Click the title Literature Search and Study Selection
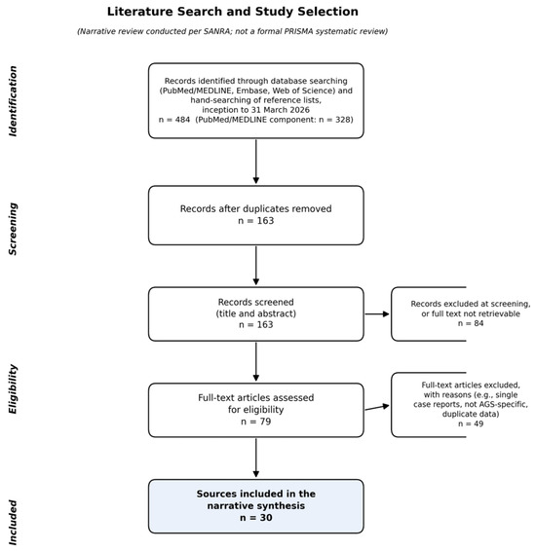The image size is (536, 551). point(233,12)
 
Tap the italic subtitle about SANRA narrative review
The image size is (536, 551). point(233,31)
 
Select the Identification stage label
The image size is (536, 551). point(13,101)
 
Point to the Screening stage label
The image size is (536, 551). point(13,229)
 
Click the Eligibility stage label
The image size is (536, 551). point(13,389)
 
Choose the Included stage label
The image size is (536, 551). point(13,523)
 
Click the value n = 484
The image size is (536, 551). point(174,120)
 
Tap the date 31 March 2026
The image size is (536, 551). point(281,110)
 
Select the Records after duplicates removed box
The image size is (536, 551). point(256,215)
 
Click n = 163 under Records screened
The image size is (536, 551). point(256,324)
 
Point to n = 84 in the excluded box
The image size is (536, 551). point(471,323)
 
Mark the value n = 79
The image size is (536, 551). point(256,422)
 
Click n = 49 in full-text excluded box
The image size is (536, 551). point(471,423)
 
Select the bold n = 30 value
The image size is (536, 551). point(256,518)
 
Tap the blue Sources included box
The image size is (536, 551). point(256,506)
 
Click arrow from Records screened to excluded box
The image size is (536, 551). point(377,313)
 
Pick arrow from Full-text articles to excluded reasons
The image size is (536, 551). point(377,408)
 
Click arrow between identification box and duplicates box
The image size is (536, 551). point(256,162)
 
